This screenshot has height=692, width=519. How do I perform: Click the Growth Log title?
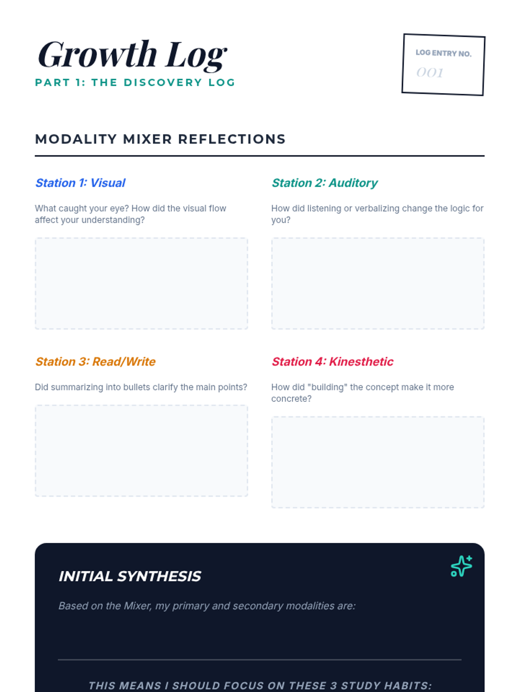click(x=132, y=55)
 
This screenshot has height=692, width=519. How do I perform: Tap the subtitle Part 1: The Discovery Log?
click(x=135, y=83)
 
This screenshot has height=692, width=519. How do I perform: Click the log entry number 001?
click(x=430, y=73)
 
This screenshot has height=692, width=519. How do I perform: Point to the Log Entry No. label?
click(x=443, y=53)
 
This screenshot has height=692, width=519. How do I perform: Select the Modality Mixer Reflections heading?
click(x=160, y=139)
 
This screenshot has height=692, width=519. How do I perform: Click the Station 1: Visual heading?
click(x=80, y=183)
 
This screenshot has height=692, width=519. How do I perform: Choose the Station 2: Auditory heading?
click(x=324, y=183)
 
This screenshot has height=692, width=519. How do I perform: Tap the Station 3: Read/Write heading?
click(x=95, y=362)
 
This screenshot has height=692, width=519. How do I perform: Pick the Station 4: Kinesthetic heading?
click(x=333, y=362)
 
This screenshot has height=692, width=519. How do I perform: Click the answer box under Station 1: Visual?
click(x=141, y=283)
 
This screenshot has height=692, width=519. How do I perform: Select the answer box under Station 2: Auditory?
click(x=378, y=283)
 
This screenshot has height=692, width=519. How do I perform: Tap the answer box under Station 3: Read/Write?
click(x=141, y=451)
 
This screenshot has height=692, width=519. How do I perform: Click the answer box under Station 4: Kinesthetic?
click(x=378, y=462)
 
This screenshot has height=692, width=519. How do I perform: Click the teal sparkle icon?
click(x=461, y=566)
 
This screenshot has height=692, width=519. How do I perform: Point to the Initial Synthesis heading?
click(x=130, y=576)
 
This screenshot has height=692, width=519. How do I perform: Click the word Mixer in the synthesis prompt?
click(x=137, y=606)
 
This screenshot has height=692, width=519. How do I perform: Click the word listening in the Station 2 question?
click(x=324, y=209)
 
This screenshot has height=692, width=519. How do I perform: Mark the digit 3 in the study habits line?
click(x=334, y=686)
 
